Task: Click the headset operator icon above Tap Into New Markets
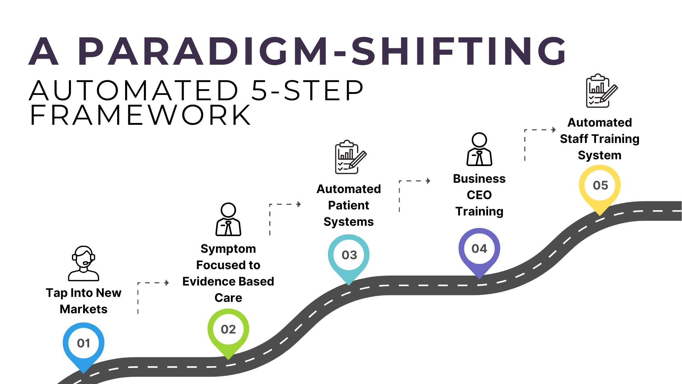click(x=83, y=263)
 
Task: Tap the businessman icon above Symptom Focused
click(x=228, y=219)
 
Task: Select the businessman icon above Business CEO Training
click(x=479, y=149)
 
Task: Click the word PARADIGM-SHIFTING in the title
click(x=322, y=52)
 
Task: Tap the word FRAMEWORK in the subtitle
click(x=141, y=115)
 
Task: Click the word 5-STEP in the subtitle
click(x=308, y=90)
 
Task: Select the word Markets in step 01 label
click(x=83, y=309)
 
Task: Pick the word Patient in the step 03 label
click(x=348, y=206)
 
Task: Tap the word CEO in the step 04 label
click(x=479, y=195)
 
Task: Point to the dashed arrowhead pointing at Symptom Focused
click(x=167, y=283)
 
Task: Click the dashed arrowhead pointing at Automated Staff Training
click(x=554, y=130)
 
